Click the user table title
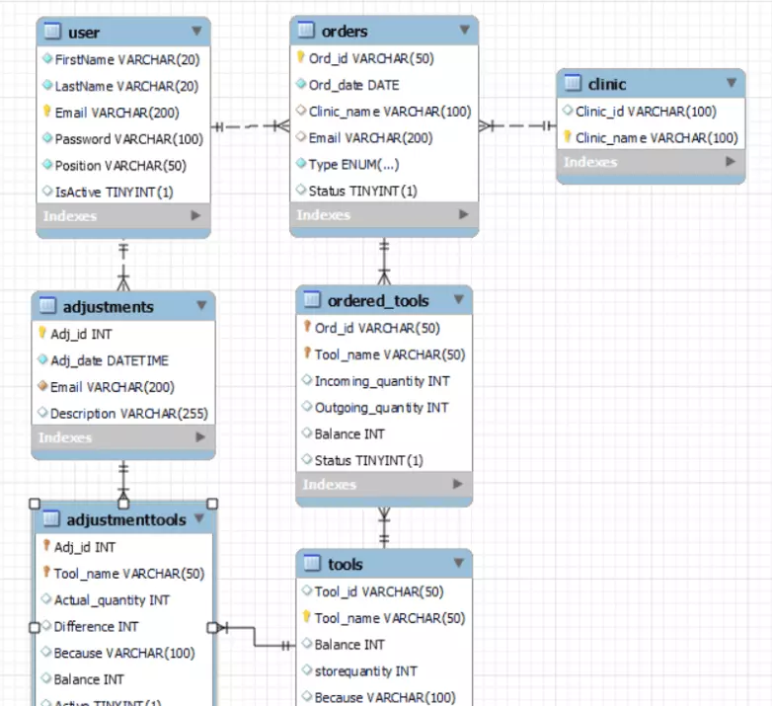click(84, 33)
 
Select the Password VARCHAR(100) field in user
click(128, 139)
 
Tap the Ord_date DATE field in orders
click(353, 85)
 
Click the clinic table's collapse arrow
click(732, 84)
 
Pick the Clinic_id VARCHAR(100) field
click(646, 112)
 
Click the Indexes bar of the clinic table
click(650, 163)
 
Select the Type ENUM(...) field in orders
click(353, 165)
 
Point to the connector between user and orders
click(251, 126)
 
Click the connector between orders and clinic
click(516, 126)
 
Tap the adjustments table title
click(108, 307)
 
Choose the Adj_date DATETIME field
click(109, 360)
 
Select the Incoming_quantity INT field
click(382, 381)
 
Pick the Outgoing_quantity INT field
click(381, 408)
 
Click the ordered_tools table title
click(378, 300)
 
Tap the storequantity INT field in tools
click(365, 671)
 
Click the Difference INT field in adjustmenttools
click(96, 627)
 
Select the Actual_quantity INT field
click(112, 600)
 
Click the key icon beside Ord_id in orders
click(301, 58)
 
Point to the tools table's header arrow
click(458, 563)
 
